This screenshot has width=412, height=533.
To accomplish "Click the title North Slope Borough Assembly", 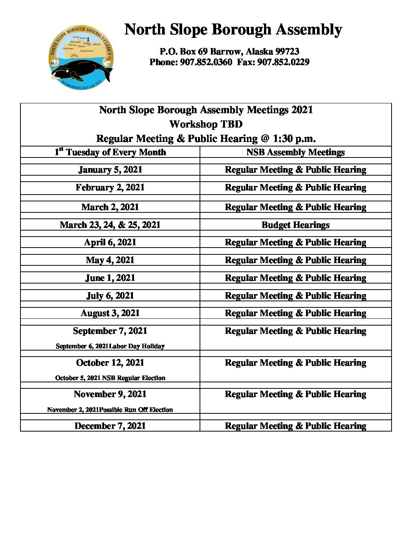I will pyautogui.click(x=233, y=30).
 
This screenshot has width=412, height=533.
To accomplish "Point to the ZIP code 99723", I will pyautogui.click(x=287, y=51).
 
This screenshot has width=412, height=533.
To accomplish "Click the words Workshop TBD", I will pyautogui.click(x=206, y=124).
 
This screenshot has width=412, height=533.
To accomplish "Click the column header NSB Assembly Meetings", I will pyautogui.click(x=295, y=152).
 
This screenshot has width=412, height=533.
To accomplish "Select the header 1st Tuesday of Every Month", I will pyautogui.click(x=110, y=152).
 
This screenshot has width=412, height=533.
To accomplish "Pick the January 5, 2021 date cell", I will pyautogui.click(x=110, y=170).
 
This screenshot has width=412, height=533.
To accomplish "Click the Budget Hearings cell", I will pyautogui.click(x=295, y=225).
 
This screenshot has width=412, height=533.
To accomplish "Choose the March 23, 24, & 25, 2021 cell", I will pyautogui.click(x=110, y=225).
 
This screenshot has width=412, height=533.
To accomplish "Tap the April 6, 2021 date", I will pyautogui.click(x=110, y=242).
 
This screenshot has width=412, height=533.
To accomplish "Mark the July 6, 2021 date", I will pyautogui.click(x=110, y=296).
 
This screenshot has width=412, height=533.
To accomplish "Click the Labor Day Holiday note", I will pyautogui.click(x=137, y=346).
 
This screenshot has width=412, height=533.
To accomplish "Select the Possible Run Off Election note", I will pyautogui.click(x=136, y=410).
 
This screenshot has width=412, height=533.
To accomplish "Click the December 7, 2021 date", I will pyautogui.click(x=110, y=426).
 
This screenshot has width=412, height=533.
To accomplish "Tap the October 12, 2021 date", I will pyautogui.click(x=110, y=363).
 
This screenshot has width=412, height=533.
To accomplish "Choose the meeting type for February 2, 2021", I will pyautogui.click(x=295, y=187).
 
